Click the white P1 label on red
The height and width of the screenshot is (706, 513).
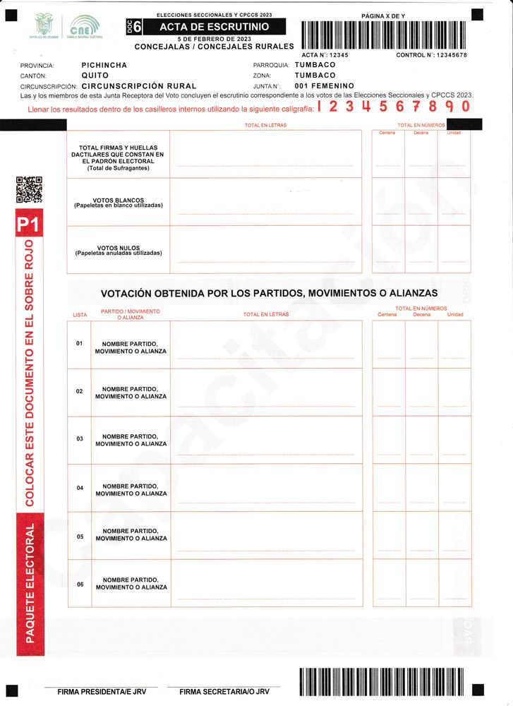pyautogui.click(x=27, y=226)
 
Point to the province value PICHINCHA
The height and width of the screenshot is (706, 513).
pyautogui.click(x=104, y=65)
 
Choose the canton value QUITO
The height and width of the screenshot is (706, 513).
pyautogui.click(x=95, y=75)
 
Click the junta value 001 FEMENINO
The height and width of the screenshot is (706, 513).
pyautogui.click(x=325, y=85)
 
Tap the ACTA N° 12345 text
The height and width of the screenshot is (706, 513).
pyautogui.click(x=325, y=54)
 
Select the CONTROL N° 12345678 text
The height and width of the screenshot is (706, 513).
pyautogui.click(x=431, y=54)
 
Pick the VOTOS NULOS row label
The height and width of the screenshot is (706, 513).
pyautogui.click(x=119, y=251)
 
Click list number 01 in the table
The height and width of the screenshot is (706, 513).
pyautogui.click(x=80, y=344)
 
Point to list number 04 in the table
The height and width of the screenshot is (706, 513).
pyautogui.click(x=80, y=489)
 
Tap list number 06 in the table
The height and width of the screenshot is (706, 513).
pyautogui.click(x=80, y=585)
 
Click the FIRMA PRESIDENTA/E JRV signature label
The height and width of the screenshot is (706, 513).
pyautogui.click(x=102, y=692)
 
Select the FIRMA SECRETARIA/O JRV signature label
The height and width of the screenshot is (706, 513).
pyautogui.click(x=224, y=692)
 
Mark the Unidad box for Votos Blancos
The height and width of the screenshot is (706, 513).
pyautogui.click(x=454, y=202)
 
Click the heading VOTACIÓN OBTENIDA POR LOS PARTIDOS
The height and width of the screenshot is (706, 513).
pyautogui.click(x=269, y=293)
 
